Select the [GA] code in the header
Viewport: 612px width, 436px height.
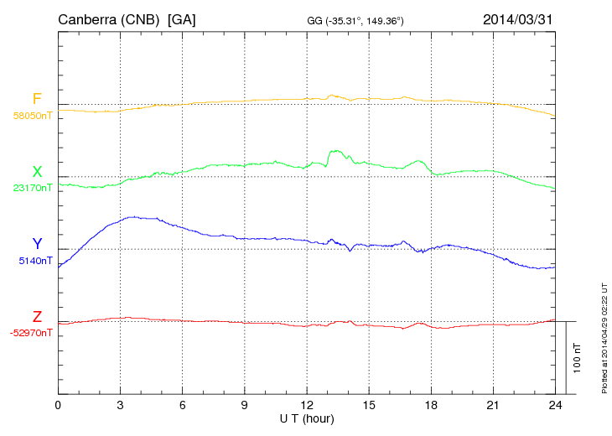point(182,18)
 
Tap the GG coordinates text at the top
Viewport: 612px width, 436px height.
point(356,19)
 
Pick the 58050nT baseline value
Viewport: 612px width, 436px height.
point(33,116)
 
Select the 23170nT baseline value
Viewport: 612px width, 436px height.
point(33,188)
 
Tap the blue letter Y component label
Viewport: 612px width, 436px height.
point(37,244)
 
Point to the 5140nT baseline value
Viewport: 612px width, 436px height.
point(35,261)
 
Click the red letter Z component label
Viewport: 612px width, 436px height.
point(37,317)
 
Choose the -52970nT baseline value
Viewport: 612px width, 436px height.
point(32,333)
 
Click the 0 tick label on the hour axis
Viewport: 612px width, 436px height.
point(58,406)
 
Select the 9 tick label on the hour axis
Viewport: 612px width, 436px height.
point(245,406)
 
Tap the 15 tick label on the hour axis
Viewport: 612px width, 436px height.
point(369,406)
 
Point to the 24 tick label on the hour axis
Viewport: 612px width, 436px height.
point(555,406)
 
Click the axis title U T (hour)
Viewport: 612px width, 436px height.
point(307,418)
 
